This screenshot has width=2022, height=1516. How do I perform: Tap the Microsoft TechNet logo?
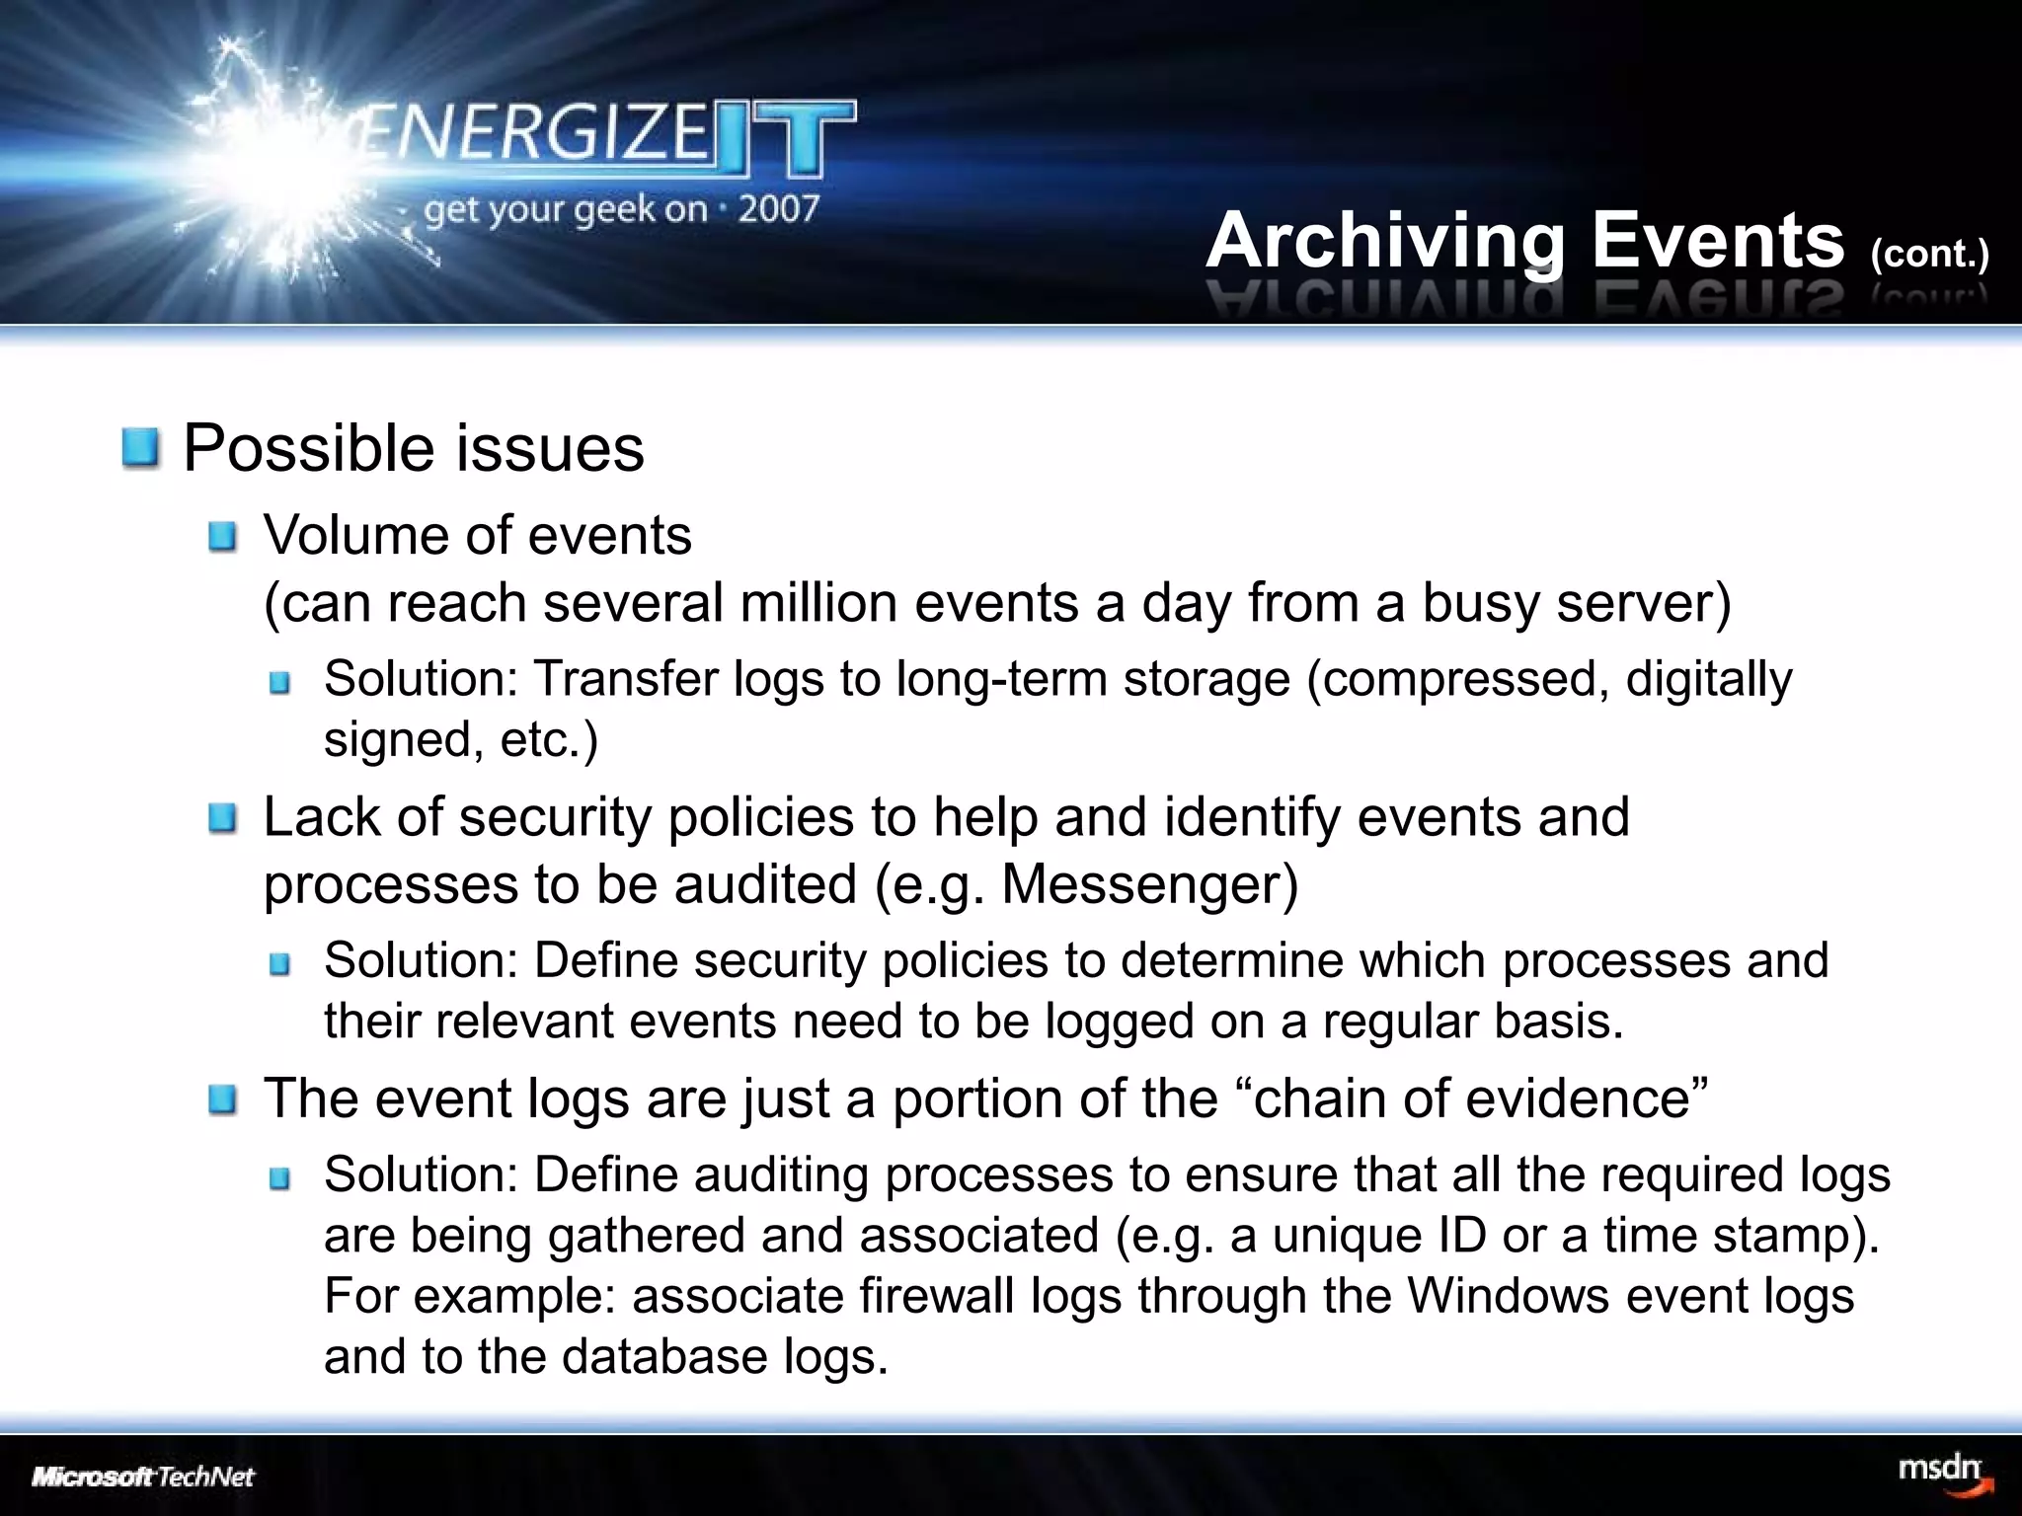(x=143, y=1478)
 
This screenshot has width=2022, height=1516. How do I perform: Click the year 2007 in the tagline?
(x=778, y=208)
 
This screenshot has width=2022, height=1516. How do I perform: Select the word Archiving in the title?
(x=1385, y=242)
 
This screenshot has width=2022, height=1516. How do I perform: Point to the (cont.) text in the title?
(x=1928, y=254)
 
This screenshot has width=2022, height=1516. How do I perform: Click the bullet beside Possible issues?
(x=140, y=449)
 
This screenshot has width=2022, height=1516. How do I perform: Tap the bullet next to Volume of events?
(x=223, y=538)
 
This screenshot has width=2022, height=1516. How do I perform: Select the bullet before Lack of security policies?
(x=223, y=819)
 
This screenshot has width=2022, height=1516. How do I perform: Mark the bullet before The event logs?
(x=223, y=1100)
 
